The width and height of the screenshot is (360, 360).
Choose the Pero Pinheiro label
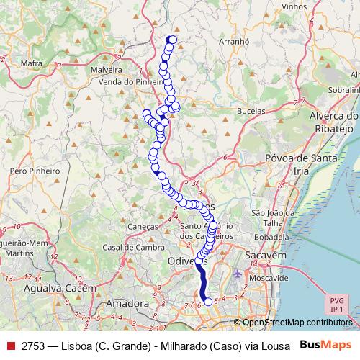click(34, 171)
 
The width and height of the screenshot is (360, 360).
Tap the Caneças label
click(143, 226)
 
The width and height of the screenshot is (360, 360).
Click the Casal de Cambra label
click(133, 247)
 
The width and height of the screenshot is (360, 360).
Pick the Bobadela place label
click(271, 235)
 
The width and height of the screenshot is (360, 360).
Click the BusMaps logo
click(325, 344)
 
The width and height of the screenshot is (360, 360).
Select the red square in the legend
click(10, 345)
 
